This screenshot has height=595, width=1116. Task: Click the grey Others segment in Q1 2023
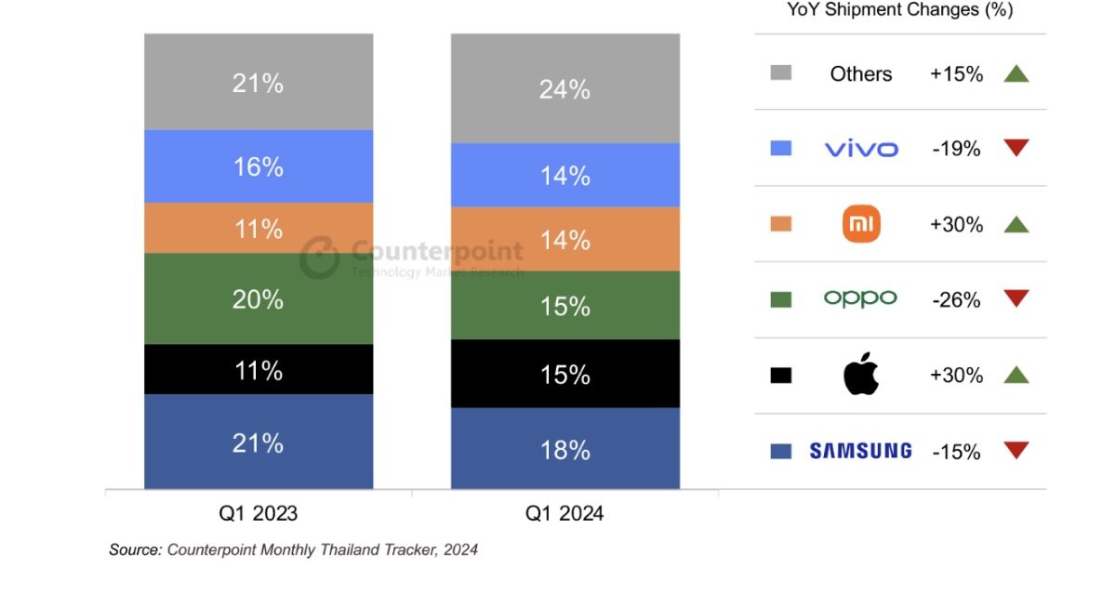point(259,82)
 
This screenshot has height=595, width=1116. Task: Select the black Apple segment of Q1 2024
point(565,374)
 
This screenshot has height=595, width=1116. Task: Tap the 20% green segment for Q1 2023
point(259,298)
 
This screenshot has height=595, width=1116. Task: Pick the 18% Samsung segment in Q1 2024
point(565,449)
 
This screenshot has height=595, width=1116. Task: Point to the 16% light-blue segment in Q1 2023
point(259,166)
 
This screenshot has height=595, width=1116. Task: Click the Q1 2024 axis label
point(565,513)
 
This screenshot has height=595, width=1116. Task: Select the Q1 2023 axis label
point(259,513)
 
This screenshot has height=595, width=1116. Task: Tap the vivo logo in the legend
point(861,149)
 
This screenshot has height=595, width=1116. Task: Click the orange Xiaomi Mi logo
point(861,224)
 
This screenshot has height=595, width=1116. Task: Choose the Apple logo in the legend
point(861,375)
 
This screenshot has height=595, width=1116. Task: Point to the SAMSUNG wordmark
point(860,451)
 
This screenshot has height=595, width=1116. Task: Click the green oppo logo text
point(860,298)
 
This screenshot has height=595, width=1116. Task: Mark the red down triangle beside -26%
point(1016,298)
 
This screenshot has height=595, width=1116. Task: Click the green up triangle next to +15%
point(1016,73)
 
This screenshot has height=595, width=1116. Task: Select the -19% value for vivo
point(956,149)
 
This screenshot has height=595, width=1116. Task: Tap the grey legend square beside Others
point(781,73)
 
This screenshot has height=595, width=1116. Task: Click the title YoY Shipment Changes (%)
point(899,11)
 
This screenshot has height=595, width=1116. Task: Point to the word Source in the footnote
point(134,549)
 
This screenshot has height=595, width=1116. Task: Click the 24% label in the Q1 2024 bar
point(565,89)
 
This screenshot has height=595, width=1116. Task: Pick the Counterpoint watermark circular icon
point(320,258)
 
